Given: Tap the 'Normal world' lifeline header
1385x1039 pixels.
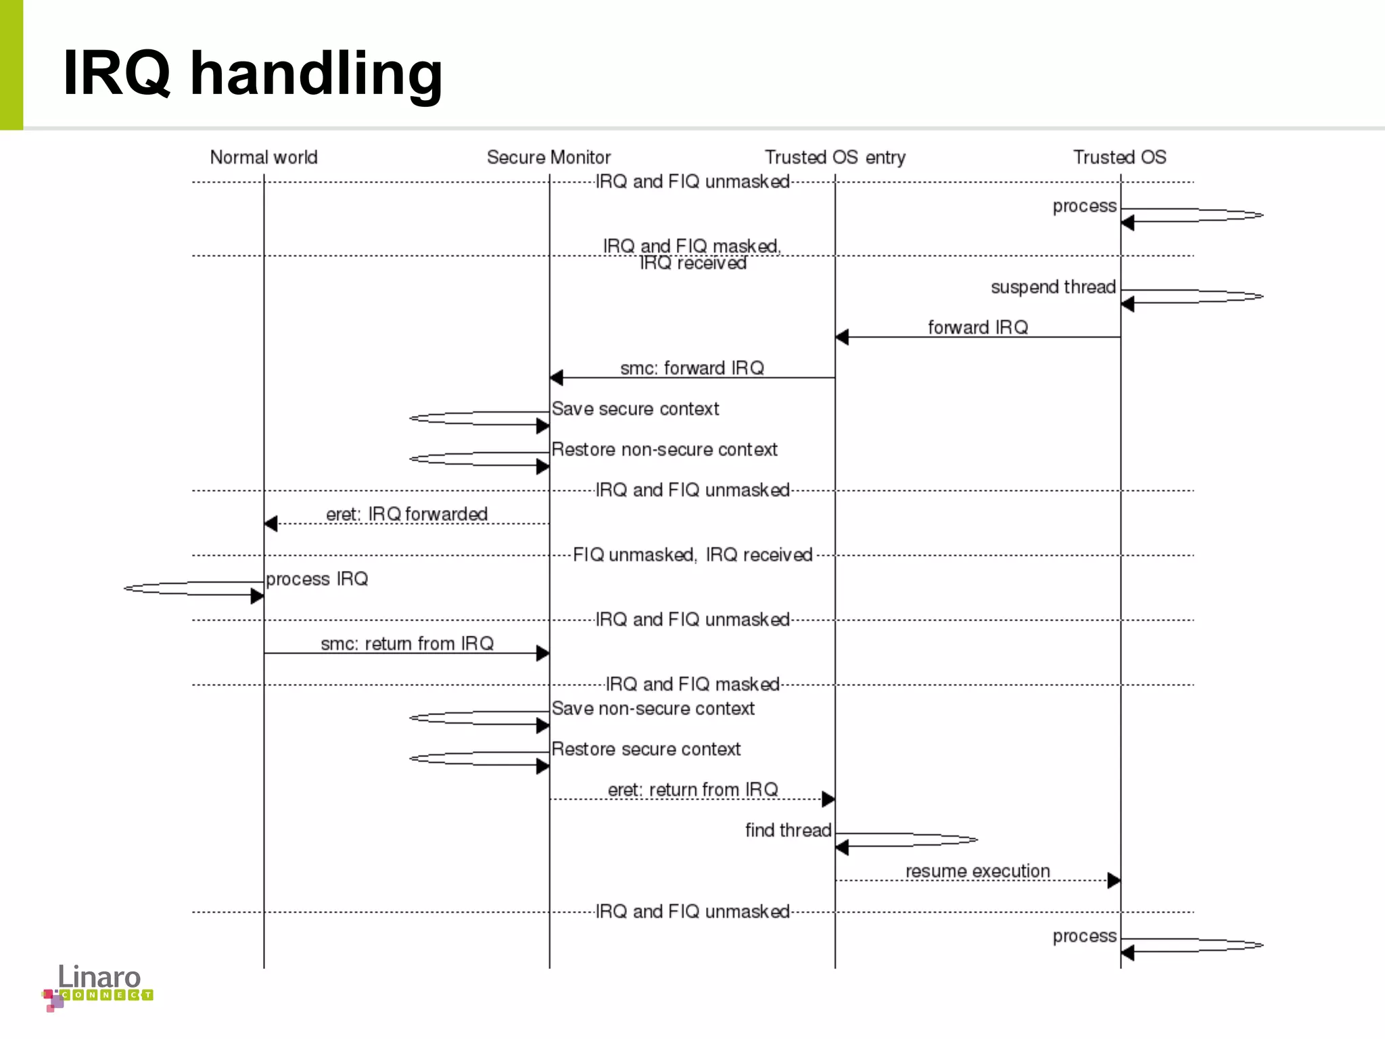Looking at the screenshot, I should [x=264, y=158].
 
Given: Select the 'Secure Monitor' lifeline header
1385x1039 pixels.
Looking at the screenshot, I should [x=548, y=158].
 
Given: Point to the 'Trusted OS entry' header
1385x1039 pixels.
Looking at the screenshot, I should [x=835, y=158].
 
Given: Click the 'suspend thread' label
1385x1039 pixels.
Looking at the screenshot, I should [x=1053, y=287].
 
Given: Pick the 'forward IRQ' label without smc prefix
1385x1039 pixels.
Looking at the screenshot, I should [x=977, y=328].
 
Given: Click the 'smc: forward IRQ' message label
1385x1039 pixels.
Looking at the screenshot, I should [x=692, y=369].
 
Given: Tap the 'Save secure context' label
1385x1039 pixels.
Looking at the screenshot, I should [x=635, y=409].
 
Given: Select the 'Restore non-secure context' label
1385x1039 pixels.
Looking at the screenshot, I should [x=664, y=450].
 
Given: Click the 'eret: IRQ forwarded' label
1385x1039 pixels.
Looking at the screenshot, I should [x=406, y=515].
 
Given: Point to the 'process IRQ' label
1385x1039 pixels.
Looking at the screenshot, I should [x=316, y=579].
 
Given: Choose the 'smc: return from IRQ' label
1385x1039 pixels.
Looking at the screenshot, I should [x=406, y=644].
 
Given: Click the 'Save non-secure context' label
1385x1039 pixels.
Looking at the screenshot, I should [x=653, y=709].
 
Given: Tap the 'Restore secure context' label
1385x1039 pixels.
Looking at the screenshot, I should [x=646, y=749].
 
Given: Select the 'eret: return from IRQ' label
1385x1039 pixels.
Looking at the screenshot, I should [x=692, y=790].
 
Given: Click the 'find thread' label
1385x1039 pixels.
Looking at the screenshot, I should [x=788, y=831].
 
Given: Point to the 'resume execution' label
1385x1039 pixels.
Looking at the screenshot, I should [x=977, y=871].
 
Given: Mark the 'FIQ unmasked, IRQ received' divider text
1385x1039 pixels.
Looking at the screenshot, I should [x=692, y=555].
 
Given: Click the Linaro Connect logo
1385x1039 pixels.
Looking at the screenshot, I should [x=99, y=987].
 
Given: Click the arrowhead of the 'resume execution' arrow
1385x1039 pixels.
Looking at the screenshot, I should [x=1114, y=881].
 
